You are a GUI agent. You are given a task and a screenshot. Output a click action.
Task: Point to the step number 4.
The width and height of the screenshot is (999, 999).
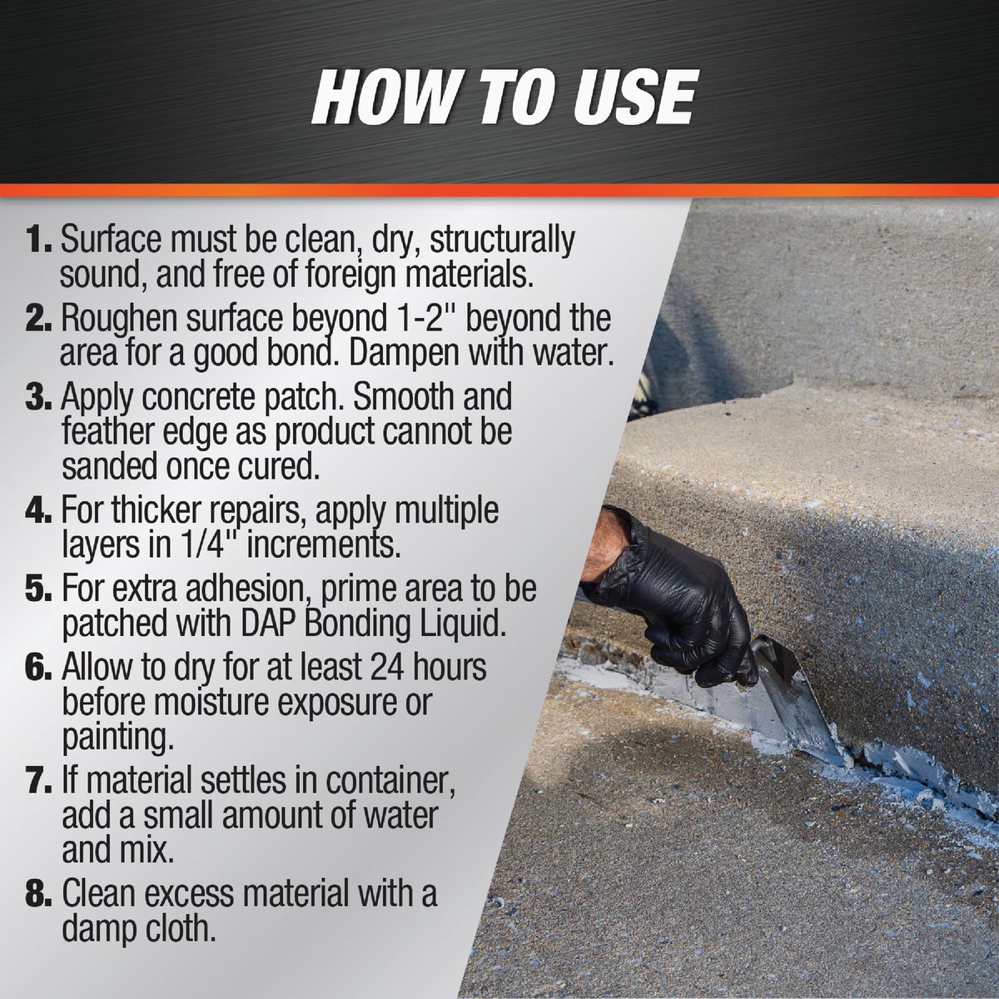(x=38, y=509)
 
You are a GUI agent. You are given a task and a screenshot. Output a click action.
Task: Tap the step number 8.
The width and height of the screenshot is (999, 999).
(x=38, y=895)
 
